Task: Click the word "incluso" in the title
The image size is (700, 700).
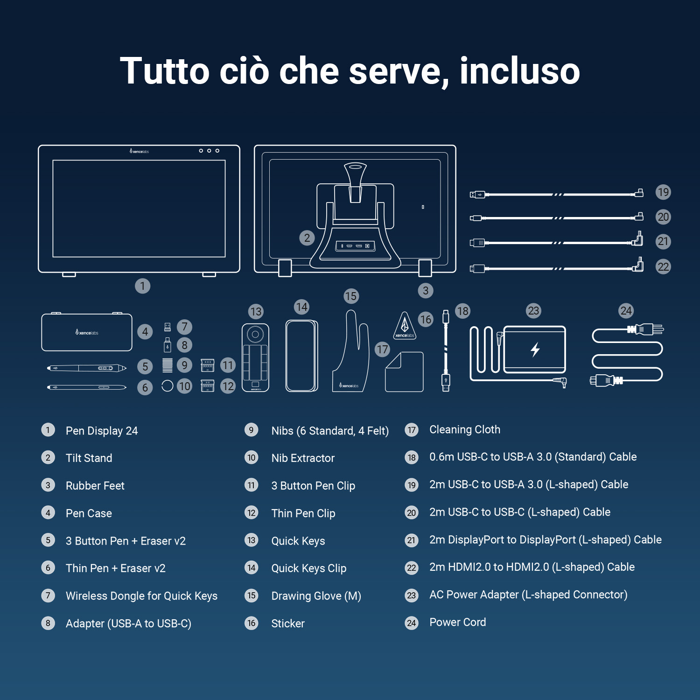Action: (519, 71)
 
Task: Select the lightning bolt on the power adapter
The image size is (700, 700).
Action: (535, 349)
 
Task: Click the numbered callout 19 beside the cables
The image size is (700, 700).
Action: (663, 192)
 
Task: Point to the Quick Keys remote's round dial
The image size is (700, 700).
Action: (255, 334)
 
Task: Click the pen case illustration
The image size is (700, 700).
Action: (87, 332)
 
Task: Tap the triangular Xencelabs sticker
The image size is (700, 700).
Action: (405, 326)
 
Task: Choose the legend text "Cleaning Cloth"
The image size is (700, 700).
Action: (464, 429)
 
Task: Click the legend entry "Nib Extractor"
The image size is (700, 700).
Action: (303, 458)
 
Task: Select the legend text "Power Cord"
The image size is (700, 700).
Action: (457, 622)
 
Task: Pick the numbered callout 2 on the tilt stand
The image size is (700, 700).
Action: (307, 238)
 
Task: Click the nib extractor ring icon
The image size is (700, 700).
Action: (167, 386)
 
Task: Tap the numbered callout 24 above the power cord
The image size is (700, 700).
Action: (626, 311)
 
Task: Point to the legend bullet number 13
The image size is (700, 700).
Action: (252, 540)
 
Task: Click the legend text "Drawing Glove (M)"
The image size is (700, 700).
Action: (316, 596)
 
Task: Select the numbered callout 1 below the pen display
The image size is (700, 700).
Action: (142, 286)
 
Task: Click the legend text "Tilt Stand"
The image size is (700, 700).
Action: (89, 458)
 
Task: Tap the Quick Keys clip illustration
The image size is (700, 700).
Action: (301, 356)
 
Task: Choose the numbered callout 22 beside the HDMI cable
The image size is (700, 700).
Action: (663, 266)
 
